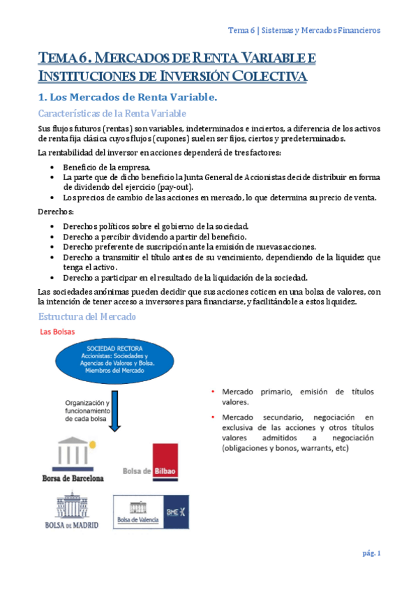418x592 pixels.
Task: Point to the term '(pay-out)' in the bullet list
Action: tap(176, 187)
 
